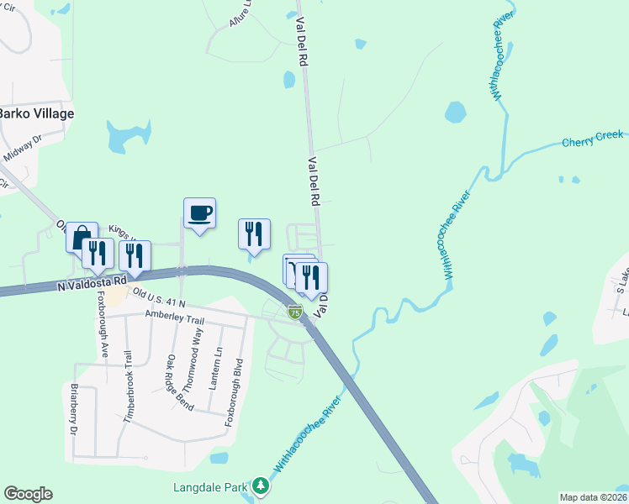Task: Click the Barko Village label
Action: click(37, 113)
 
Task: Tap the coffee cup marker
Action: click(200, 213)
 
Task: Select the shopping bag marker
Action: click(82, 237)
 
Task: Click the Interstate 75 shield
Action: click(294, 312)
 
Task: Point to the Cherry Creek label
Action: click(593, 139)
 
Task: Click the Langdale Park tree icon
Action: click(262, 486)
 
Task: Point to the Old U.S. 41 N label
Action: click(159, 297)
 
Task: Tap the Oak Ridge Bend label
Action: click(180, 382)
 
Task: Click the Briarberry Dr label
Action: click(73, 409)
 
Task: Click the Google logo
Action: click(28, 494)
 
